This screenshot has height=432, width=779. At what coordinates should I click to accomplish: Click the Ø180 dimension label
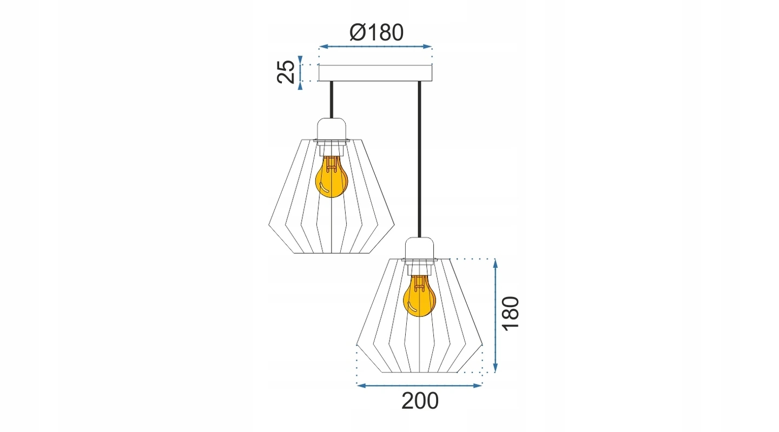pyautogui.click(x=377, y=32)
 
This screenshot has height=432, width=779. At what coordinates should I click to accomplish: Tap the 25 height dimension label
pyautogui.click(x=286, y=72)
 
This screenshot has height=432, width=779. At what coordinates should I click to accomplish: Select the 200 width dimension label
pyautogui.click(x=420, y=401)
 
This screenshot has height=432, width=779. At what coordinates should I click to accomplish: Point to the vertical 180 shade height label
pyautogui.click(x=511, y=314)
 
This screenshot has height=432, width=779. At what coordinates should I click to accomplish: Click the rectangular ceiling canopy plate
pyautogui.click(x=375, y=73)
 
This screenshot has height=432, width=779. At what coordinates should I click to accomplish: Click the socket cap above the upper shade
pyautogui.click(x=332, y=129)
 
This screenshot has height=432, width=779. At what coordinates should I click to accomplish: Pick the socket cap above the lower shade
pyautogui.click(x=420, y=248)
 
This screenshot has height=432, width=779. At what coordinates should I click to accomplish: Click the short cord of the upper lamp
pyautogui.click(x=332, y=99)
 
